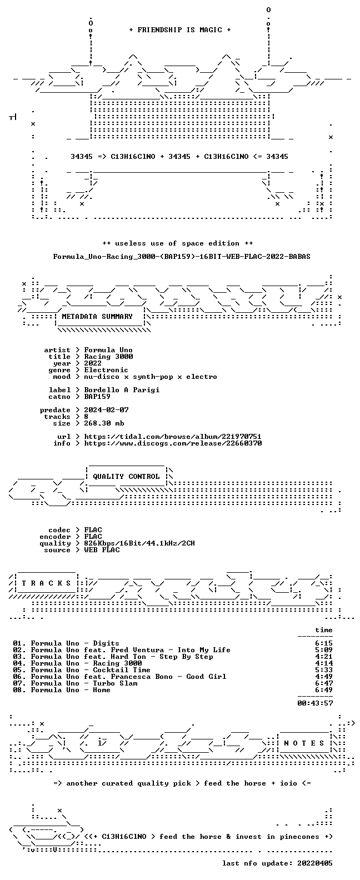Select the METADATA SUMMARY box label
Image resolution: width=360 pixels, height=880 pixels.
coord(97,316)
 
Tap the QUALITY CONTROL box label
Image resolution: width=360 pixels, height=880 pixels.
coord(126,477)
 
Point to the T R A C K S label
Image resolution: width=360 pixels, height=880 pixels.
coord(46,583)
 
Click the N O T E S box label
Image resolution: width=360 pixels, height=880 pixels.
coord(304,743)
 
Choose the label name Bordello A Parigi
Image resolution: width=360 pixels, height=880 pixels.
coord(122,389)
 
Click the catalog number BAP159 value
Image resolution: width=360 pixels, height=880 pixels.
coord(97,397)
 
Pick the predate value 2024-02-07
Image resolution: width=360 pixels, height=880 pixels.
coord(106,410)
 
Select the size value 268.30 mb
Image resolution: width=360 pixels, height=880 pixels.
coord(104,423)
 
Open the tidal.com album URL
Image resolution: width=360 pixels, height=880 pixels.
coord(173,437)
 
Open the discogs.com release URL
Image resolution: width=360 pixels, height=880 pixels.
coord(173,443)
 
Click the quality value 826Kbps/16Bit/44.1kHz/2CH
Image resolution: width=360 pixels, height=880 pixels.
coord(139,543)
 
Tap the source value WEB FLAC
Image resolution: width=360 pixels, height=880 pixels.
coord(102,550)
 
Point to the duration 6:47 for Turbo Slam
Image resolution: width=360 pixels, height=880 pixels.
coord(324,683)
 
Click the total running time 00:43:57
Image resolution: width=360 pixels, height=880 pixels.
coord(315,703)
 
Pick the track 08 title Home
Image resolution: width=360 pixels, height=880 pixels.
coord(102,690)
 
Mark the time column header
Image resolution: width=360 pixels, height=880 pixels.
coord(324,630)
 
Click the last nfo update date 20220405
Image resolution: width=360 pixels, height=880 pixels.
coord(315,863)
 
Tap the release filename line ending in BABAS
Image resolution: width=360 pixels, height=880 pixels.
coord(182,257)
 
